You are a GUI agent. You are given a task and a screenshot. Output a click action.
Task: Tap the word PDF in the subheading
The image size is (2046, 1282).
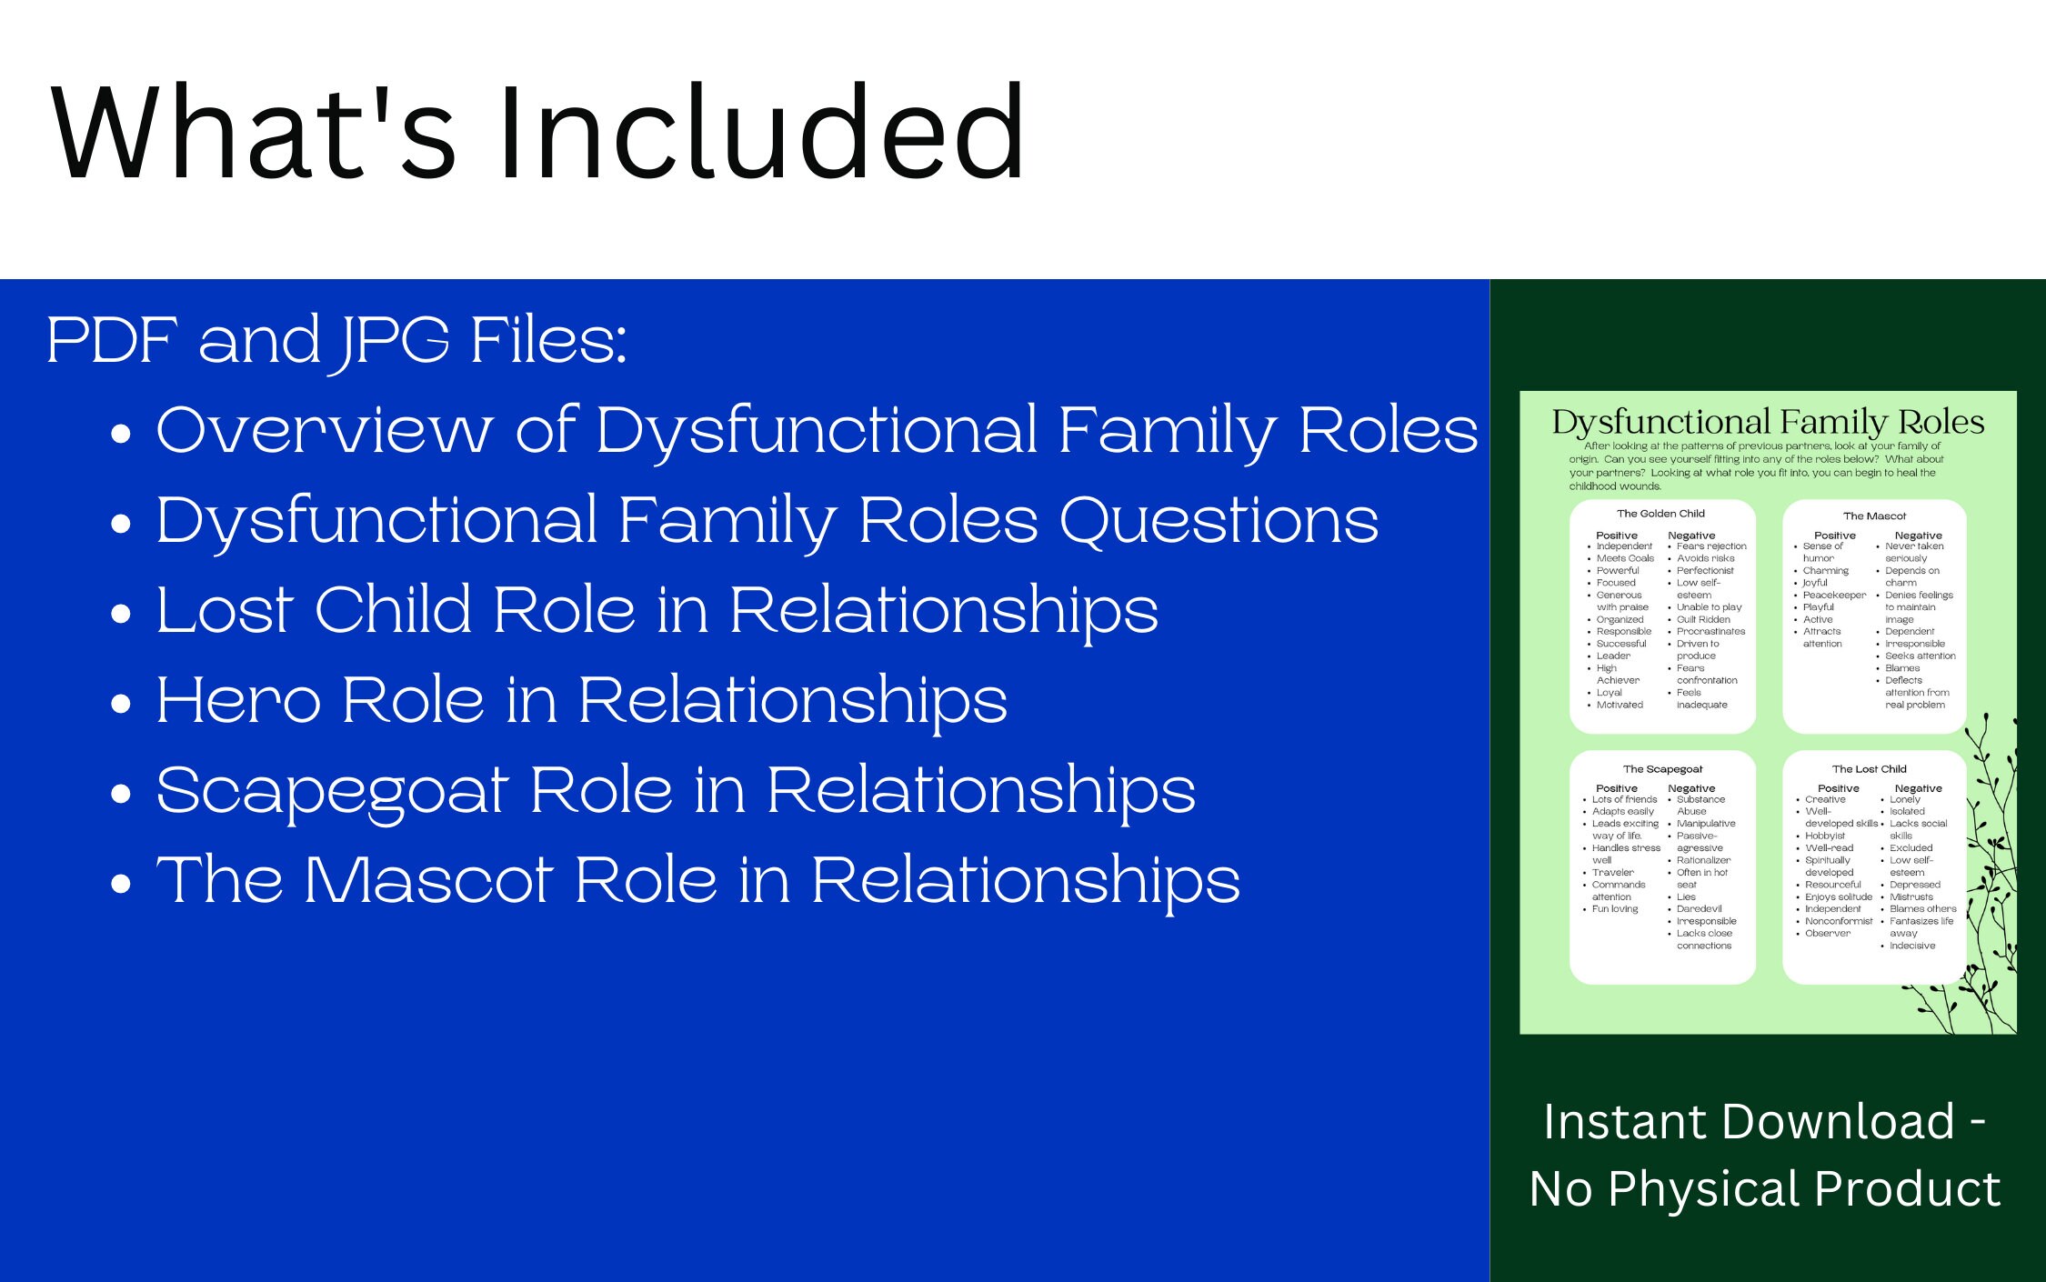pyautogui.click(x=113, y=340)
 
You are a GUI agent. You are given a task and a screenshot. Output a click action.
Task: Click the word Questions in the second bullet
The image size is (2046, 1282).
pyautogui.click(x=1219, y=521)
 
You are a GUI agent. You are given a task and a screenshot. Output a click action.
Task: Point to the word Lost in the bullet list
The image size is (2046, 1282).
pyautogui.click(x=224, y=610)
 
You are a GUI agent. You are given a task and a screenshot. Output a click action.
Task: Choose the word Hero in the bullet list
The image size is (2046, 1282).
pyautogui.click(x=238, y=700)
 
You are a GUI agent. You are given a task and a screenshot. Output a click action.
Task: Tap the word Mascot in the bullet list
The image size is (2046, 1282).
pyautogui.click(x=427, y=880)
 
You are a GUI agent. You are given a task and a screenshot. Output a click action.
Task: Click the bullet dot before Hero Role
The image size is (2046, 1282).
pyautogui.click(x=121, y=705)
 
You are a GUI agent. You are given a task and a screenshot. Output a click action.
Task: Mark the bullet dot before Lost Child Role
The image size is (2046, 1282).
pyautogui.click(x=121, y=615)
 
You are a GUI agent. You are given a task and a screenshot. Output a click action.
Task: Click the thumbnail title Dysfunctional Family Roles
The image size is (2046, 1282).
pyautogui.click(x=1768, y=423)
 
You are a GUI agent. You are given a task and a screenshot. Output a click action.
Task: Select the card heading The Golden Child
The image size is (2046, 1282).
pyautogui.click(x=1660, y=514)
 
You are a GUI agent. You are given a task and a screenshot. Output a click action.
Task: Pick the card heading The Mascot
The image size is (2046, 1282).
pyautogui.click(x=1874, y=516)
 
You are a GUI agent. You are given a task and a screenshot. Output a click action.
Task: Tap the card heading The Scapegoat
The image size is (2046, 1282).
pyautogui.click(x=1662, y=769)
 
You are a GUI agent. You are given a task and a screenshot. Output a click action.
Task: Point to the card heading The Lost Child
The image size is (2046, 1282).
pyautogui.click(x=1869, y=769)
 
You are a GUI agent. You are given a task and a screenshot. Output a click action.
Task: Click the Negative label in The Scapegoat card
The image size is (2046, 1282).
pyautogui.click(x=1691, y=788)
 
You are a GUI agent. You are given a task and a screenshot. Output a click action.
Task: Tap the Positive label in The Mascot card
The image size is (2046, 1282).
pyautogui.click(x=1834, y=536)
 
